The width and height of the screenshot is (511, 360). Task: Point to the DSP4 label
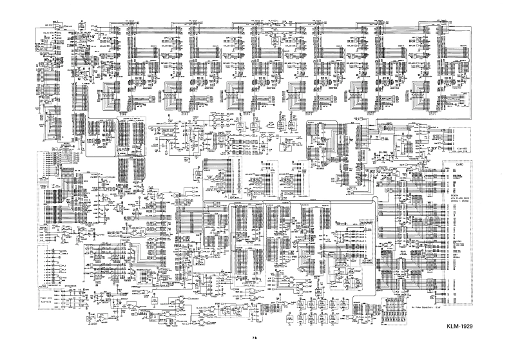(x=247, y=112)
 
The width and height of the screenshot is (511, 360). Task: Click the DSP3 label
(x=309, y=112)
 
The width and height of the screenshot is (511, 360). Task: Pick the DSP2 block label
(x=371, y=112)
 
